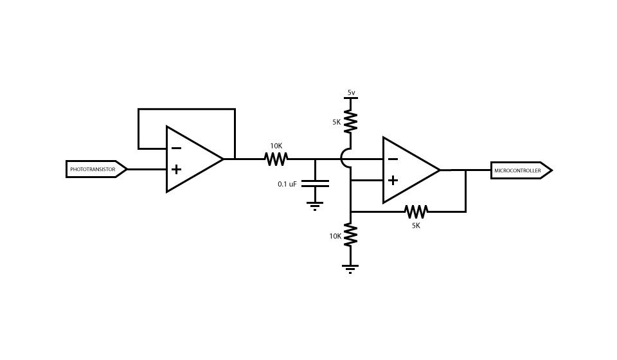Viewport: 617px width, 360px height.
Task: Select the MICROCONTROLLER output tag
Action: pos(520,170)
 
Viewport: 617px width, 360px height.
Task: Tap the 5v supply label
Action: pos(351,93)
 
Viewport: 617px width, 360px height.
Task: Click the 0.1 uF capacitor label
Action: pos(287,184)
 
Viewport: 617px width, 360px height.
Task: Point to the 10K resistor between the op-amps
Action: pos(276,158)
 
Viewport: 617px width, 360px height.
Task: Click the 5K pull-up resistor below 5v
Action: pos(351,121)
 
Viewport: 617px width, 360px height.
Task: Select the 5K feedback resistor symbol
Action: pos(416,211)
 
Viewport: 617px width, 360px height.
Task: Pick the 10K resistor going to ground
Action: pos(351,235)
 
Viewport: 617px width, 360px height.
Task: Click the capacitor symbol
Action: pos(315,183)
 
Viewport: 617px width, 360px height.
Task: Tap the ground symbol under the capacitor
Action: pos(315,206)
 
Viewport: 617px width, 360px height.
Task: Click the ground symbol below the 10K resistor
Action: pos(350,268)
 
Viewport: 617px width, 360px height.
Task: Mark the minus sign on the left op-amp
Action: pos(176,148)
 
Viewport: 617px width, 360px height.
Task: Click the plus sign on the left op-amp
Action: pos(176,170)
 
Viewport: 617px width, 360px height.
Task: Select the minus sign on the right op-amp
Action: pos(393,159)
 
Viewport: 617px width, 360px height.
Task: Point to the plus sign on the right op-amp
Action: pos(393,181)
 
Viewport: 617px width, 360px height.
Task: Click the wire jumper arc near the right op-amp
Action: pos(344,158)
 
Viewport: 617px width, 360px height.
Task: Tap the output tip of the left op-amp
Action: pos(222,158)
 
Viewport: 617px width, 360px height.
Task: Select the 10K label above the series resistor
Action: pos(276,146)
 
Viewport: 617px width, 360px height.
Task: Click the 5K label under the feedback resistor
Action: pos(416,226)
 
